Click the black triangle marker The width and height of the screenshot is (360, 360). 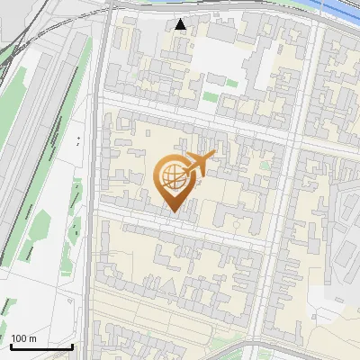coord(181,24)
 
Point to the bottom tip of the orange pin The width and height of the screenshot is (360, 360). coord(172,212)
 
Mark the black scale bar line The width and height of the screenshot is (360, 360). coord(40,346)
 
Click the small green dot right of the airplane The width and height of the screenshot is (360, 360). coord(265,166)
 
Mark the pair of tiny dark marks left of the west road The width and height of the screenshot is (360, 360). coord(78,141)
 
